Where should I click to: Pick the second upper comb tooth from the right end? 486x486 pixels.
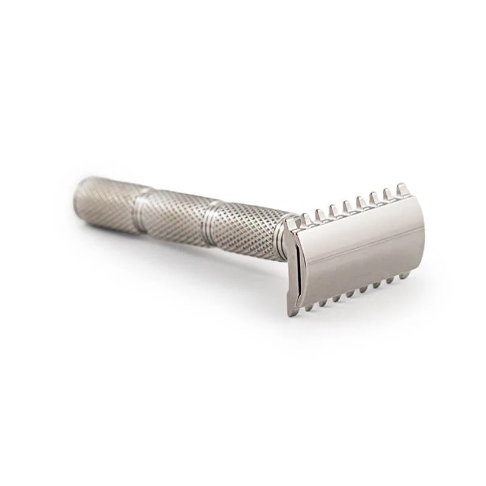coord(386,193)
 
